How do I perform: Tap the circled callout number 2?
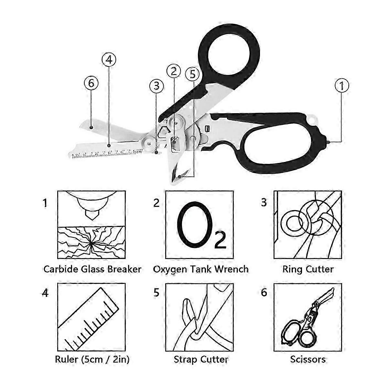click(x=174, y=71)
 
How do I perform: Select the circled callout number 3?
click(x=156, y=86)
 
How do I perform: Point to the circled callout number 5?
click(x=193, y=74)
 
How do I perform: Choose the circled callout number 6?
click(x=91, y=83)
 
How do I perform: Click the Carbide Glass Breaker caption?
click(x=92, y=269)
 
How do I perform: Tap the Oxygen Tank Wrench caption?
click(x=201, y=269)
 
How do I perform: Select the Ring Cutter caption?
click(x=308, y=269)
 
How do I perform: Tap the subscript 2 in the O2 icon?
click(x=220, y=241)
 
